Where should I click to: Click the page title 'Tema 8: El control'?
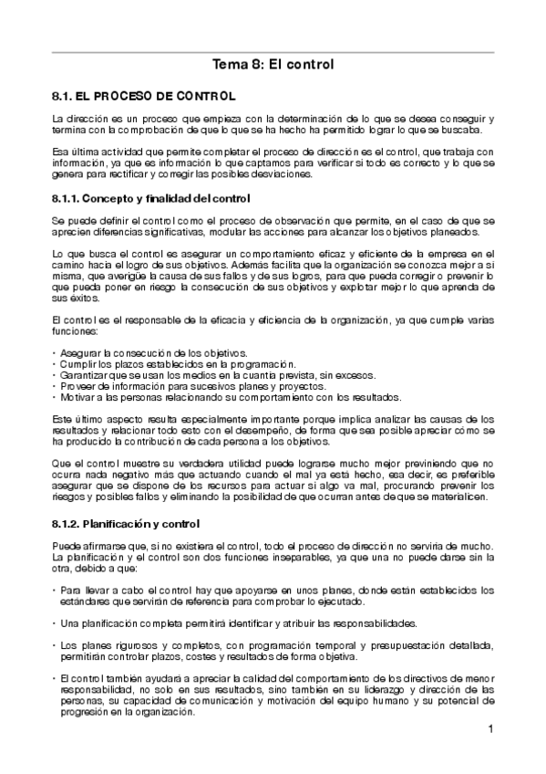click(273, 65)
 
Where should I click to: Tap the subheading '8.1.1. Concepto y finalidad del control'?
click(151, 198)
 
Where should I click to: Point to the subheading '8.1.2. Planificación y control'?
click(133, 525)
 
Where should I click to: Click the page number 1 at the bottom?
click(490, 728)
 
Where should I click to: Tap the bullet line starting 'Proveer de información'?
click(183, 385)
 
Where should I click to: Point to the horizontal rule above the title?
click(273, 51)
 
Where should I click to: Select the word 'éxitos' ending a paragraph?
click(66, 298)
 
